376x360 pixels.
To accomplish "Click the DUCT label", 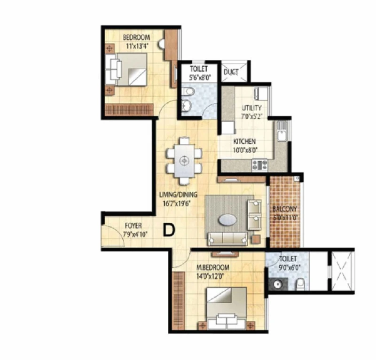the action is (x=231, y=72).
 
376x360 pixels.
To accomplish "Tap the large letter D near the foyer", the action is (x=169, y=230).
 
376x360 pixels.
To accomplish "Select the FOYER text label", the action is (x=133, y=226).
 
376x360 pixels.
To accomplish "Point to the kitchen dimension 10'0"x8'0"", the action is (x=245, y=150).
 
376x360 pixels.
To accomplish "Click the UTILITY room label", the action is (x=251, y=108).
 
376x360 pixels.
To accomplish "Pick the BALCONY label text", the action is (x=285, y=209).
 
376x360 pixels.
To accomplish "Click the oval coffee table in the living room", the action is (x=227, y=219).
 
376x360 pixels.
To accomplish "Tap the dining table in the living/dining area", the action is (x=184, y=160).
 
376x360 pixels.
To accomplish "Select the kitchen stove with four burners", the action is (x=259, y=165).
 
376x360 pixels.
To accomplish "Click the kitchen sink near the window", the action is (x=282, y=132).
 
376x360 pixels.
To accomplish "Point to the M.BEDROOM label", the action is (x=213, y=267).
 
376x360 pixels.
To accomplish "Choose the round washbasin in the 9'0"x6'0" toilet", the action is (x=277, y=284).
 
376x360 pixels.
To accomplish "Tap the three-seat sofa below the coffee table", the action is (x=227, y=239).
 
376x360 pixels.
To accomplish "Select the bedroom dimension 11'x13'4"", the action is (x=136, y=46).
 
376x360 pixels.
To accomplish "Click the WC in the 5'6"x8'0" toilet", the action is (x=188, y=91).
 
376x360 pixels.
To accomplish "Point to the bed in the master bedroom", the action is (x=227, y=308).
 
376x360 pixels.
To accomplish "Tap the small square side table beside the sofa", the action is (x=256, y=239).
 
